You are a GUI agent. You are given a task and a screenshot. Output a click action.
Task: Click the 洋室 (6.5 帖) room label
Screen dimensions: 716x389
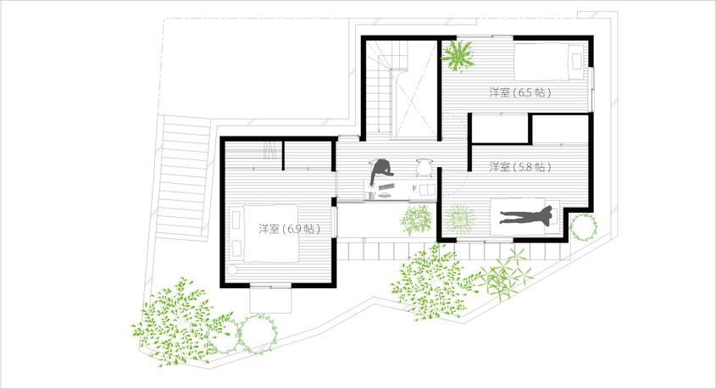pos(519,92)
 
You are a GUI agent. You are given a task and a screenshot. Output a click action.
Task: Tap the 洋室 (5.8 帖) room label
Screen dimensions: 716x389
pos(519,167)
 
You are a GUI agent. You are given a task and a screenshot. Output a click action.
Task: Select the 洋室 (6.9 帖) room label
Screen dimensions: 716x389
pos(289,229)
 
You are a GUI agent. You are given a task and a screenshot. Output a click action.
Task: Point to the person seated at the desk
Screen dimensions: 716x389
pos(381,171)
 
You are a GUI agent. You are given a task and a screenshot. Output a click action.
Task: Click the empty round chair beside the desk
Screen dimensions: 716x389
pos(425,167)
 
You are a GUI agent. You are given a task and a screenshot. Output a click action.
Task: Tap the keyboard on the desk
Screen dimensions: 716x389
pos(386,186)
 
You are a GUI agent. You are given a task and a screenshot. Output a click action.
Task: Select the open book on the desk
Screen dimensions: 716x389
pos(427,189)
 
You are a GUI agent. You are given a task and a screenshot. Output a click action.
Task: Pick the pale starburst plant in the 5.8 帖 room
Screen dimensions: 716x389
pos(460,219)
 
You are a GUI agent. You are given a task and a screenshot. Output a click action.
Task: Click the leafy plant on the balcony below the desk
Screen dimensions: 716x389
pos(417,220)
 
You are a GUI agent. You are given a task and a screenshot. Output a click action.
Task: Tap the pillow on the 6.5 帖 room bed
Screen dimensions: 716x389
pos(576,61)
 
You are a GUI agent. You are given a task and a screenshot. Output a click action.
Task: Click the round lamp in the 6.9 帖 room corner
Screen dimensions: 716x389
pos(232,270)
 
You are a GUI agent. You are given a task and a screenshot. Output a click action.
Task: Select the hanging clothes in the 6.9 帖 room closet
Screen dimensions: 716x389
pos(270,150)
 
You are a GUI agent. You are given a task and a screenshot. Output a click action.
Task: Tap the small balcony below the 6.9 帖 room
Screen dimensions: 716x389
pos(271,300)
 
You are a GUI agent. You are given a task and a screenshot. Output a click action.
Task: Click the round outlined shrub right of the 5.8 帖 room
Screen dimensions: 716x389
pos(583,227)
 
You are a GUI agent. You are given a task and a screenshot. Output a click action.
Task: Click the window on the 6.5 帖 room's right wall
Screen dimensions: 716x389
pos(592,89)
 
